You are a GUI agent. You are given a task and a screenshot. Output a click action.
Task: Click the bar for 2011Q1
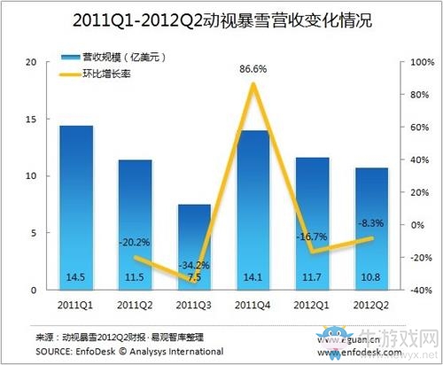click(x=75, y=208)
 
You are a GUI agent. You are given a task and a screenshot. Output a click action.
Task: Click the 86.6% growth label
click(x=254, y=67)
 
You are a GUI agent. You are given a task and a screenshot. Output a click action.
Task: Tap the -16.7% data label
click(x=312, y=237)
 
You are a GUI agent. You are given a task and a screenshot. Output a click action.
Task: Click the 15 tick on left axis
click(x=31, y=120)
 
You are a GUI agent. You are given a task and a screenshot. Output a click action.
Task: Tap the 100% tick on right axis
click(x=419, y=63)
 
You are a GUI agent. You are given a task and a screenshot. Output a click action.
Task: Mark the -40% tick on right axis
click(x=418, y=290)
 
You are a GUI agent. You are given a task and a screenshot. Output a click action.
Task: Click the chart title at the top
click(x=221, y=19)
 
